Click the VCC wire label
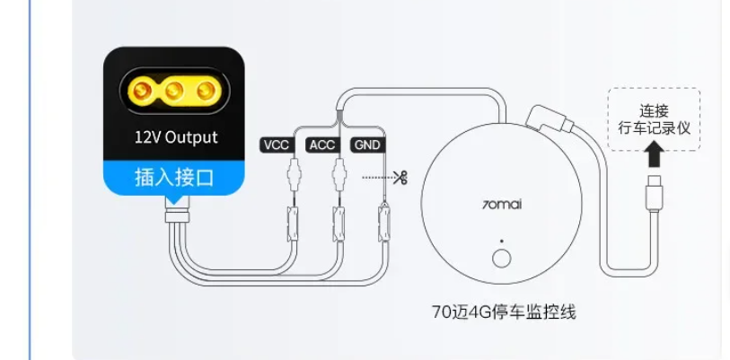(277, 145)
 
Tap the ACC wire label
(322, 145)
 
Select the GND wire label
(368, 145)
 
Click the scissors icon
(400, 178)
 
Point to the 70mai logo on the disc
(501, 204)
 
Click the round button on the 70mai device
(501, 259)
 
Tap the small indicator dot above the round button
(501, 241)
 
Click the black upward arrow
(655, 154)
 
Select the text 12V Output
(176, 137)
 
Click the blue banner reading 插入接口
(173, 178)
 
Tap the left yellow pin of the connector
(142, 90)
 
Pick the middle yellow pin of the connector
(174, 90)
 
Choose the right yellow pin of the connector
(207, 90)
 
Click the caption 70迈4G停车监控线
(504, 312)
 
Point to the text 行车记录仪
(654, 127)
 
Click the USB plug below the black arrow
(654, 192)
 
